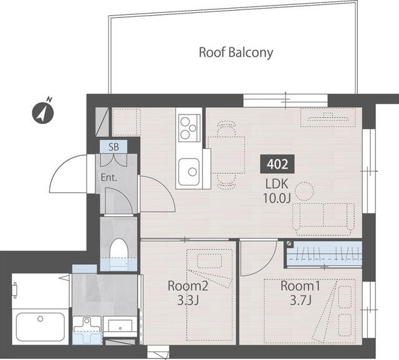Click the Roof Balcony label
(x=236, y=52)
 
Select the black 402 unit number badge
(x=277, y=164)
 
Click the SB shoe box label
(x=113, y=148)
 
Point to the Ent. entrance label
(x=109, y=177)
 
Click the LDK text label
(x=277, y=184)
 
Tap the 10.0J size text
(x=277, y=199)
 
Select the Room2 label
(x=184, y=287)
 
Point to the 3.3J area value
(x=184, y=301)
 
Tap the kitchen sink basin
(x=188, y=169)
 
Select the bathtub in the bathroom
(x=40, y=326)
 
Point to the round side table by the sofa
(x=305, y=190)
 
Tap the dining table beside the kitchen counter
(x=226, y=154)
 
